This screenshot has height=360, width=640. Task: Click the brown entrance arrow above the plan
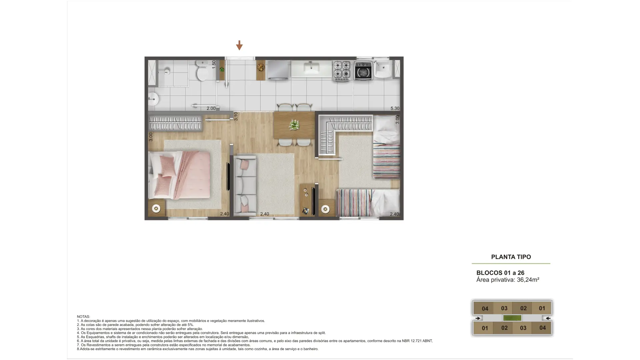coord(239,45)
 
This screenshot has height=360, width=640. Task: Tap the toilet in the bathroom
coord(202,71)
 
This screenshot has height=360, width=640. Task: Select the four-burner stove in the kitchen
coord(342,71)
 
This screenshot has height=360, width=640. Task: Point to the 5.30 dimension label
coord(395,108)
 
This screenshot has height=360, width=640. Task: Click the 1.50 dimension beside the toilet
coord(214,65)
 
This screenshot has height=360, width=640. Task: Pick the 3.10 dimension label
coord(236,116)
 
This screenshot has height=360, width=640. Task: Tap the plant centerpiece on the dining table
coord(294,125)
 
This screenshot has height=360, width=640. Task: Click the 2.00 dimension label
coord(211,108)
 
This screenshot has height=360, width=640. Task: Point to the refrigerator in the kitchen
coord(278,70)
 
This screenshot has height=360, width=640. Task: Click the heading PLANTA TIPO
coord(511,257)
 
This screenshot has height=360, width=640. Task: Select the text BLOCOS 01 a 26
coord(500,273)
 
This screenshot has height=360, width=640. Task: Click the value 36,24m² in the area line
coord(528,280)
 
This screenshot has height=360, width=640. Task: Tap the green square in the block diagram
coord(512,318)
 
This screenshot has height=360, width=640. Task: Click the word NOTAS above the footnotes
coord(83,317)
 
